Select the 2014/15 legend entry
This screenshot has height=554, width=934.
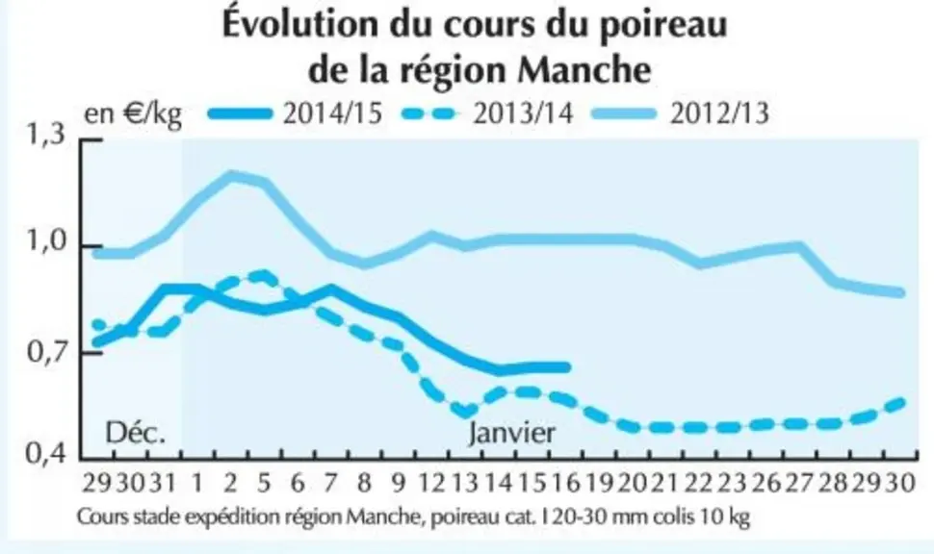click(296, 113)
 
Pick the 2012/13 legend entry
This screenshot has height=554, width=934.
click(682, 113)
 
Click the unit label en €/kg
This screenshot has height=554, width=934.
click(133, 113)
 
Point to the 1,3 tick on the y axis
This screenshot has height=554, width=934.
click(45, 135)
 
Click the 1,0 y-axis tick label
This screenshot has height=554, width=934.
click(45, 241)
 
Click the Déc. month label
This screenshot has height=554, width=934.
click(135, 433)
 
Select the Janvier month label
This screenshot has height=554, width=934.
click(511, 434)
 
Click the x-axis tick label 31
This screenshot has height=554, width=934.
click(162, 483)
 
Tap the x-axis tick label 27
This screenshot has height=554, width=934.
click(799, 483)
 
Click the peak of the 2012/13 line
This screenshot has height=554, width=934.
click(230, 175)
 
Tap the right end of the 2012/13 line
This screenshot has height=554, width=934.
click(901, 292)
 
